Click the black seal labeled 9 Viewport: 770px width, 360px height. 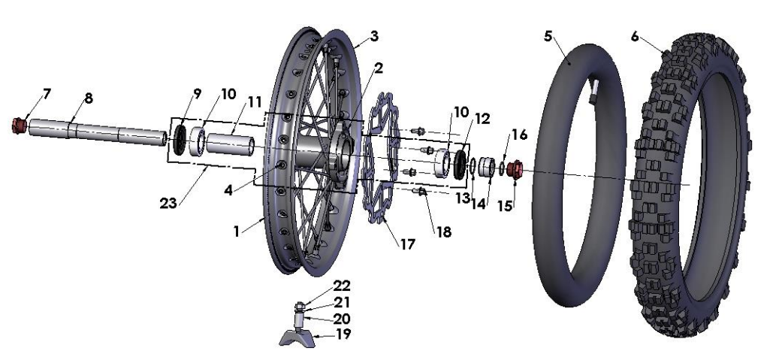click(180, 141)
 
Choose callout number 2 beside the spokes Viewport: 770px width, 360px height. click(379, 68)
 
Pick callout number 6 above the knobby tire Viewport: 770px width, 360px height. click(635, 35)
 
